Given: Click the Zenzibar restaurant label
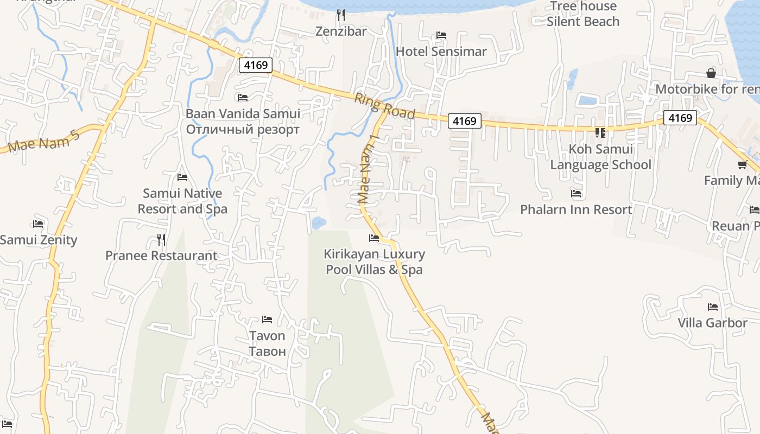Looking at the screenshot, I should click(341, 31).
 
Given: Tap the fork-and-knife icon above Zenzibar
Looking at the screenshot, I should click(341, 15).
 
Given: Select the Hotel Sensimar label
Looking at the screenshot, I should click(441, 52).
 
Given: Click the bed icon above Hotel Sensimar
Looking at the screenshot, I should click(441, 35).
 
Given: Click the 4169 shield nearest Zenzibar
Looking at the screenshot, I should click(255, 65).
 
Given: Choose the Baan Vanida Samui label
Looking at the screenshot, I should click(243, 114).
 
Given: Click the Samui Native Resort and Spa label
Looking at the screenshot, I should click(182, 201).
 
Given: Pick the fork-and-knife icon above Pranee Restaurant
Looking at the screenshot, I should click(161, 239).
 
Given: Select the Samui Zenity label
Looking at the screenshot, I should click(39, 240).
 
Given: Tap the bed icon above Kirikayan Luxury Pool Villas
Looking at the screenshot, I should click(374, 238).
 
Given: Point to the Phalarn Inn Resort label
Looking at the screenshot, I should click(576, 209).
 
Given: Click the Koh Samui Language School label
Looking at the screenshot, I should click(600, 157).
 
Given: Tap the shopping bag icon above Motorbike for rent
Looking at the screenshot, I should click(711, 73).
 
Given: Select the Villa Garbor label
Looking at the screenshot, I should click(712, 323).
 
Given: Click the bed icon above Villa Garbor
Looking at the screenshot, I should click(713, 307).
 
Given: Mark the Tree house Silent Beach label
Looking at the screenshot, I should click(583, 14).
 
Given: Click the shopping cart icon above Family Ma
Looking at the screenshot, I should click(742, 164).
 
